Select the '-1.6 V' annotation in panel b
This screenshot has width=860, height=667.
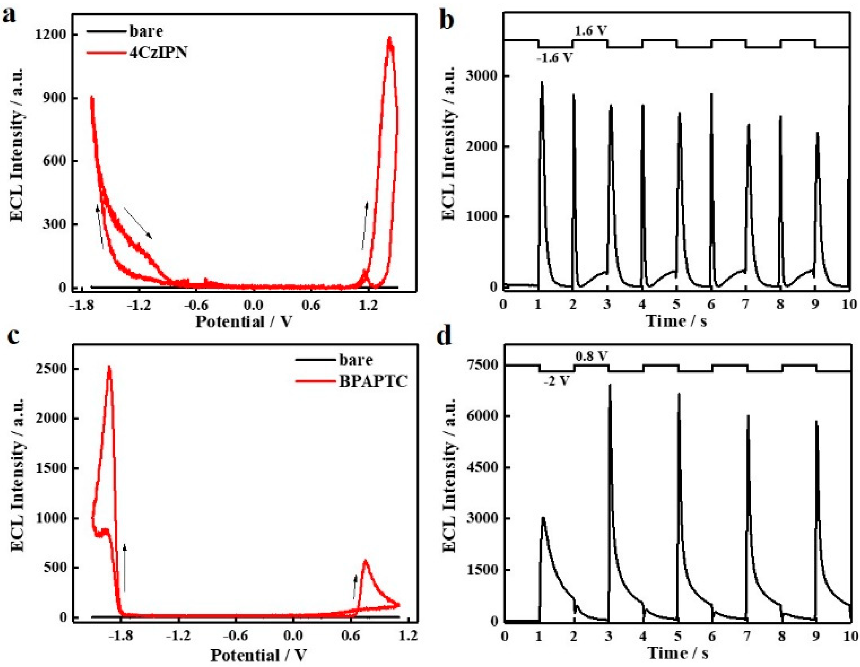point(554,58)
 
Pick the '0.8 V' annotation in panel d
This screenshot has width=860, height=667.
point(592,357)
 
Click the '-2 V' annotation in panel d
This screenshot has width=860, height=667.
point(557,381)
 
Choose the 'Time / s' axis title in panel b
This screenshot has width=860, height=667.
point(676,321)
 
